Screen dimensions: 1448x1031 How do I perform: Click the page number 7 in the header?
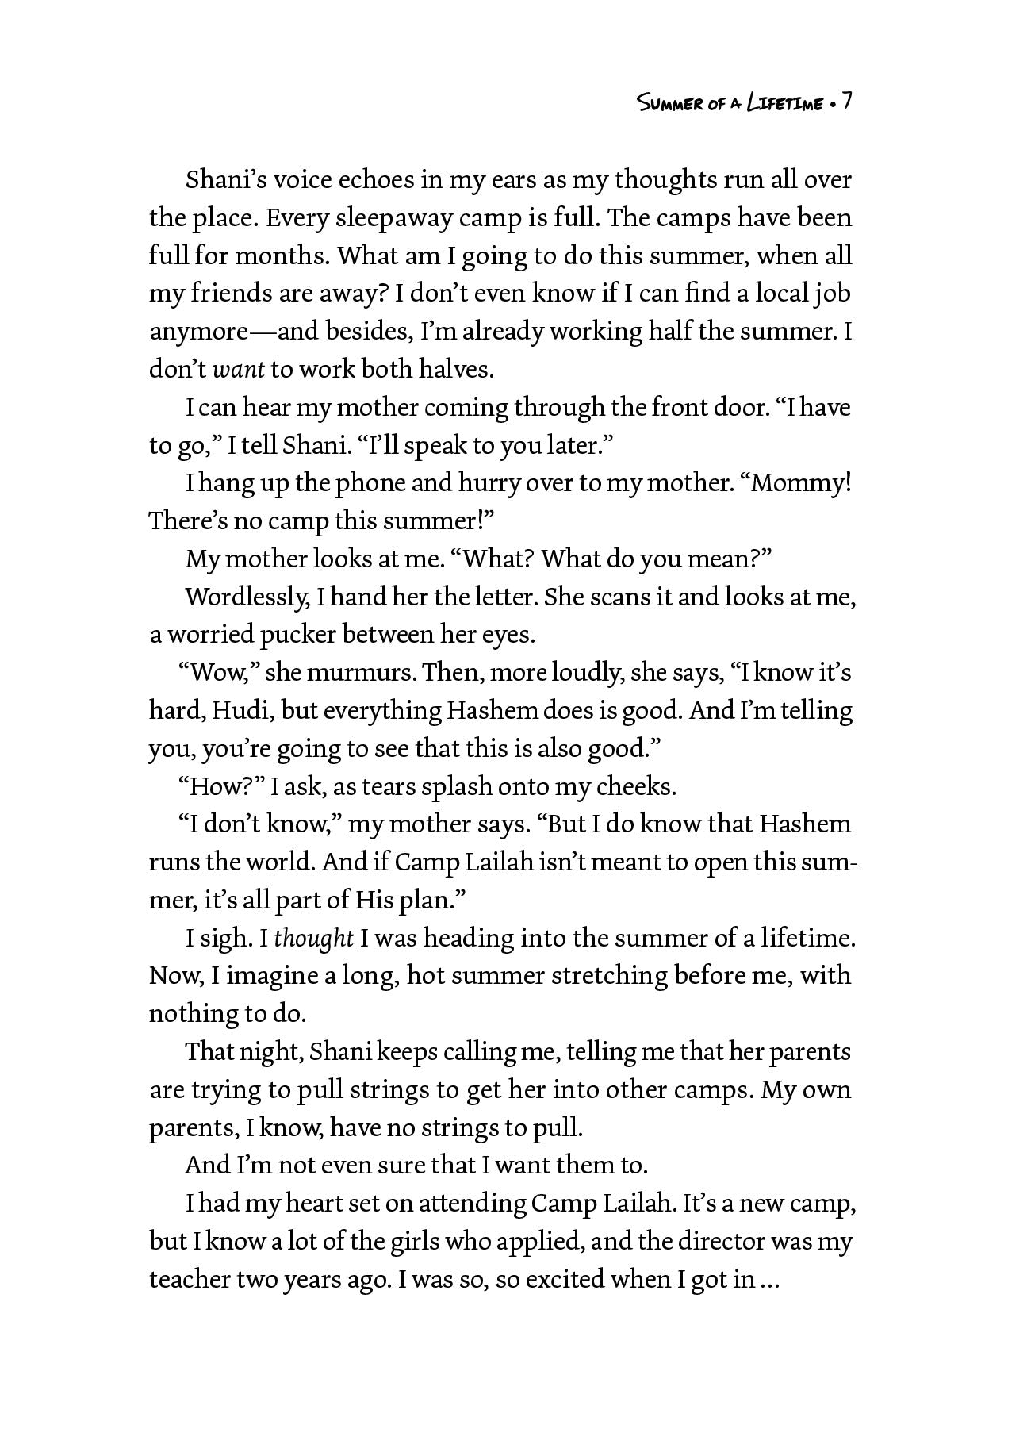click(846, 102)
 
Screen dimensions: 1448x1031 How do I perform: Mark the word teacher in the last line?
click(190, 1280)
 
